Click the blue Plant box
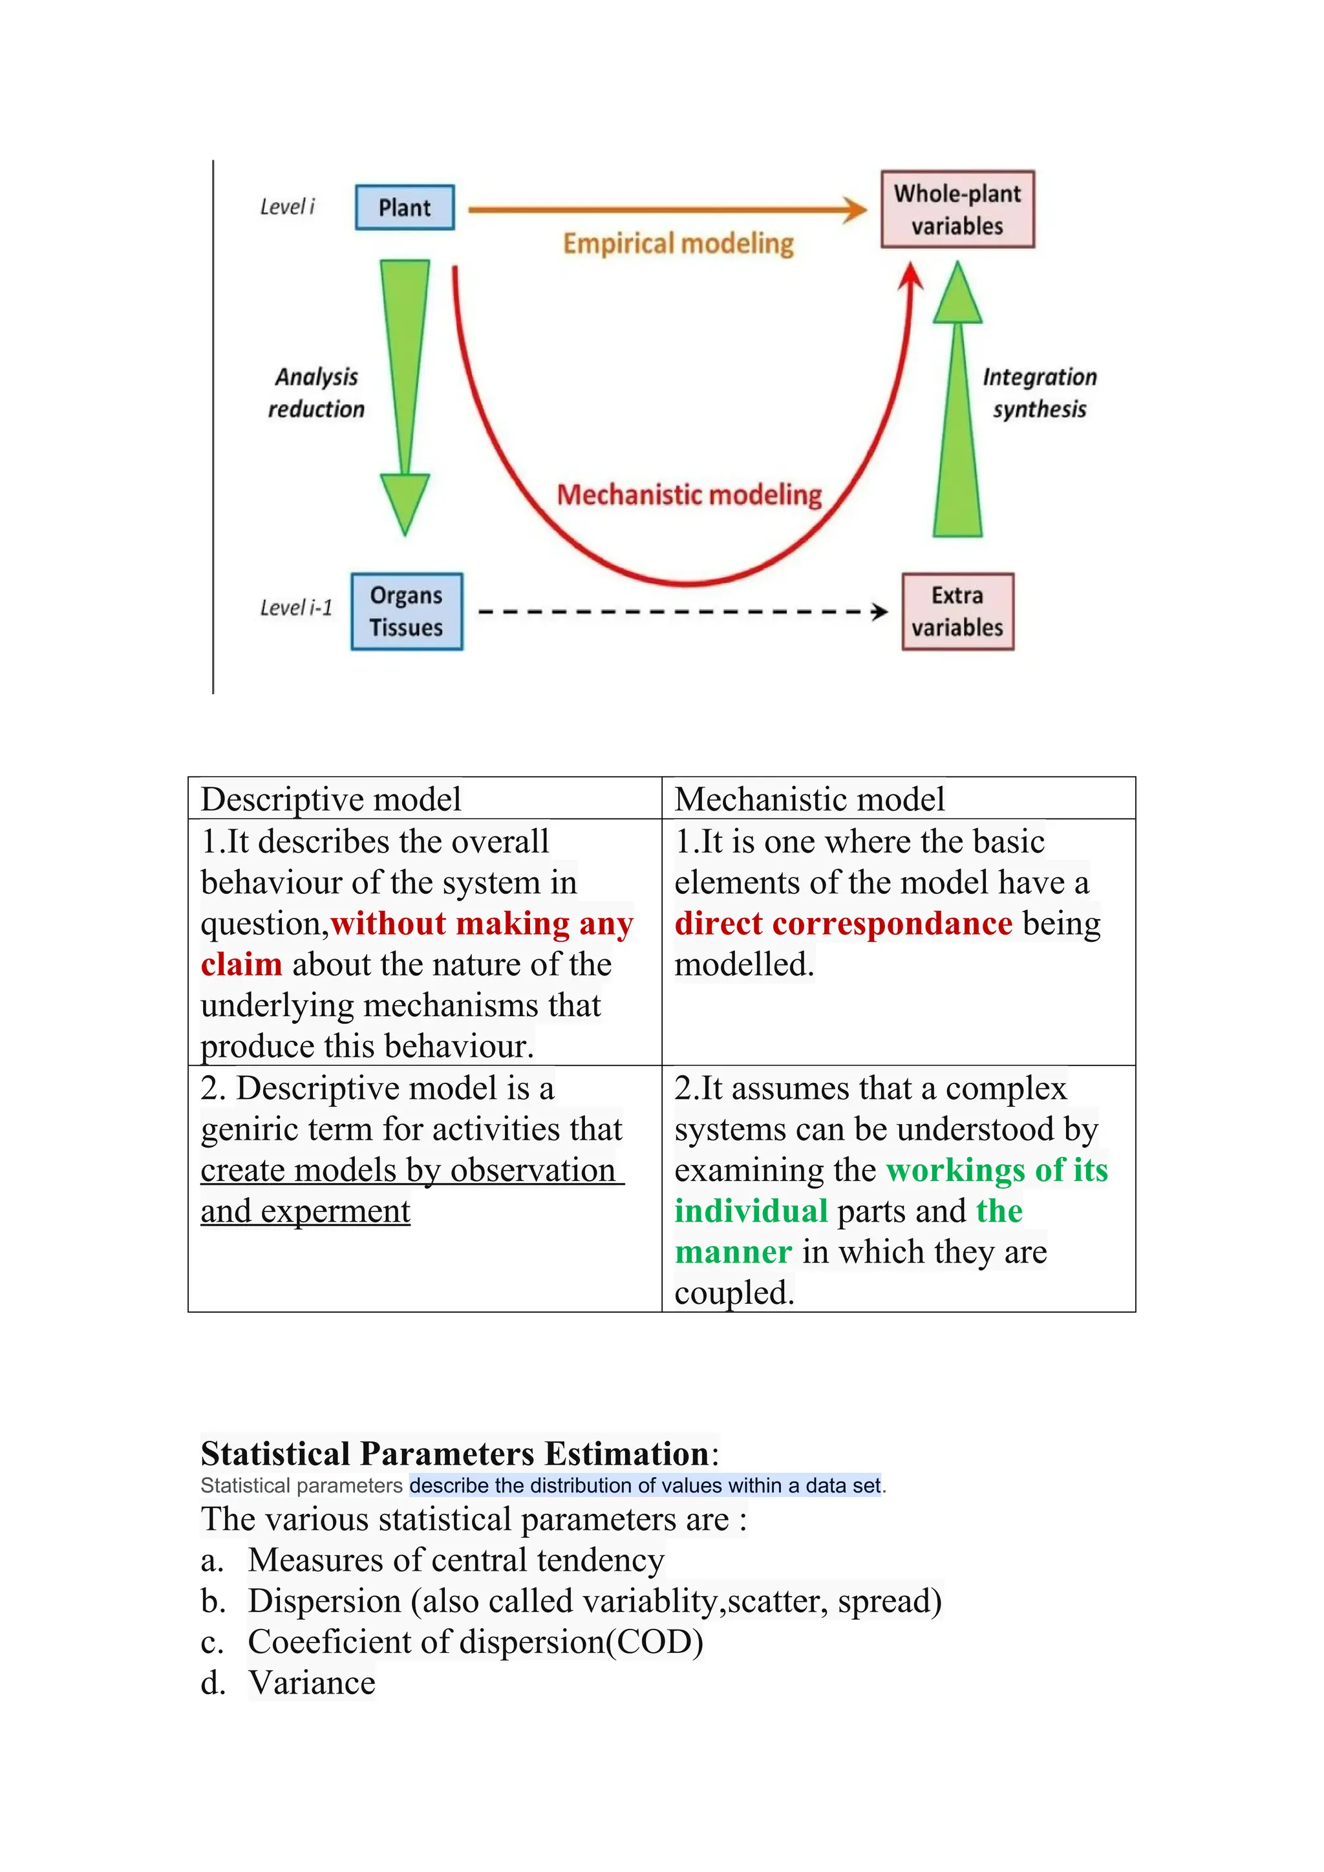[x=404, y=208]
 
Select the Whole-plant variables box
[x=957, y=209]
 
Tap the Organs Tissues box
[x=406, y=612]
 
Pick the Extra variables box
[x=957, y=612]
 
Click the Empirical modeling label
[x=678, y=244]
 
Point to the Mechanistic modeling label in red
[x=689, y=495]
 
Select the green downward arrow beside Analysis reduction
[x=404, y=391]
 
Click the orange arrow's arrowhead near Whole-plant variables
[x=855, y=209]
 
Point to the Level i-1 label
[x=296, y=608]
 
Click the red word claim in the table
[x=241, y=964]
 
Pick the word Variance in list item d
[x=312, y=1683]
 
